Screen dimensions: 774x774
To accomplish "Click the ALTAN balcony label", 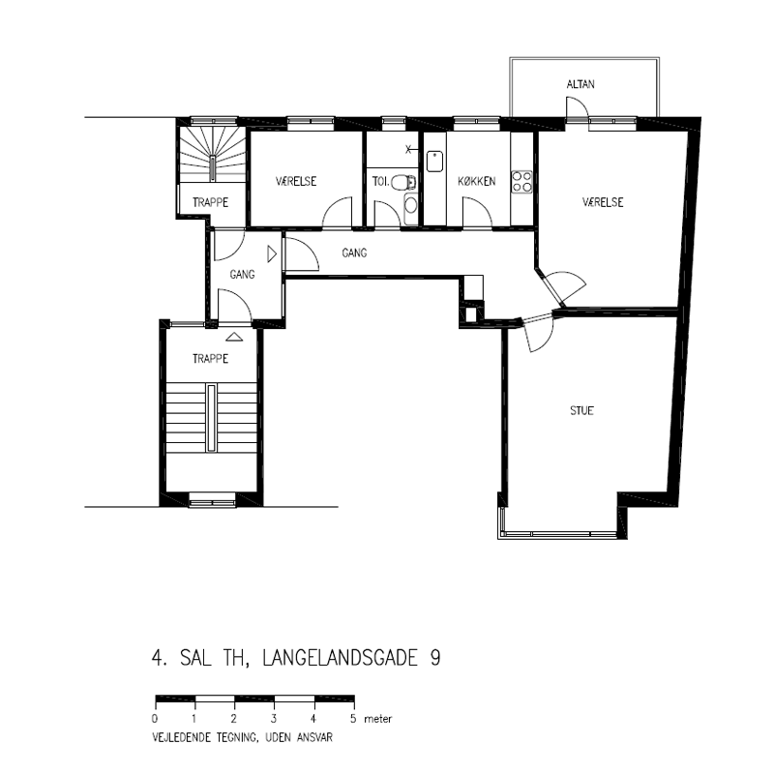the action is point(580,84).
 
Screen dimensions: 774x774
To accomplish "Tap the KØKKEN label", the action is point(476,181).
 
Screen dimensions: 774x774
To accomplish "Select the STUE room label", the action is point(581,410).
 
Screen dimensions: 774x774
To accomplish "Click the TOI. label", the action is point(380,181).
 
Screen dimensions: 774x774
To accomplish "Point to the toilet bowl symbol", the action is point(403,183).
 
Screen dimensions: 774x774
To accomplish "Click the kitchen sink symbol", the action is point(434,162).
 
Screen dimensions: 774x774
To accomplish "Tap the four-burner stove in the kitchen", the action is point(521,181).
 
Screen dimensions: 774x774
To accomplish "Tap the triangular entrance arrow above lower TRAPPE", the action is point(234,337).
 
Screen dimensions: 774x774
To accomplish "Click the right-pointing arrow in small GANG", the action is point(272,253).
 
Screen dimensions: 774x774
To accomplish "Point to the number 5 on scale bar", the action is point(353,718).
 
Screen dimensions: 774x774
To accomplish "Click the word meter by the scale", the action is point(377,719).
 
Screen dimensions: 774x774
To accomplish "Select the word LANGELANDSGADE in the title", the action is point(341,658).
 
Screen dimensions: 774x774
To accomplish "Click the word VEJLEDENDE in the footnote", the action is point(181,737).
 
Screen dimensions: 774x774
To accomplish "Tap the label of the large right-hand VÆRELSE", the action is point(603,202).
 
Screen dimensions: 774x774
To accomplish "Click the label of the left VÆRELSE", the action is point(296,181).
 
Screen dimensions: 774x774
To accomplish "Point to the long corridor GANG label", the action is point(354,253).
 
